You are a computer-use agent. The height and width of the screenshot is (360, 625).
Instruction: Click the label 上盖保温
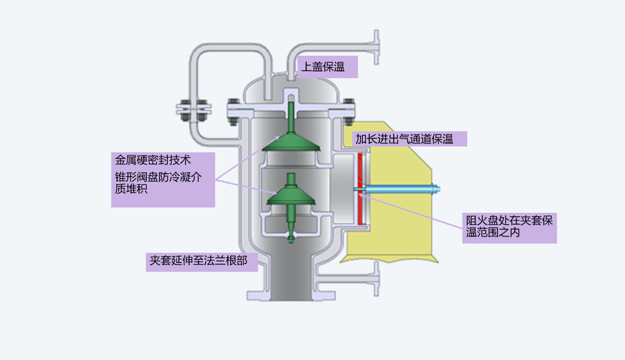pyautogui.click(x=328, y=66)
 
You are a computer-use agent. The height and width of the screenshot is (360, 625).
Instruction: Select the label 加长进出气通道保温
pyautogui.click(x=410, y=139)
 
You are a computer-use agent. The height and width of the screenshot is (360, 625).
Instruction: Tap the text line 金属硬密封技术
pyautogui.click(x=153, y=160)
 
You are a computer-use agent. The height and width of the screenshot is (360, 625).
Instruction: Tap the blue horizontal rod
pyautogui.click(x=397, y=190)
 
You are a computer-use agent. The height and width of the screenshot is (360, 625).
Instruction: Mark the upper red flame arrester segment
pyautogui.click(x=360, y=169)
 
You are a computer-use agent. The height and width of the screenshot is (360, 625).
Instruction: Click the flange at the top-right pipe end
pyautogui.click(x=375, y=47)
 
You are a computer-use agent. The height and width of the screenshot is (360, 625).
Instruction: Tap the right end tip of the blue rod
pyautogui.click(x=438, y=190)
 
